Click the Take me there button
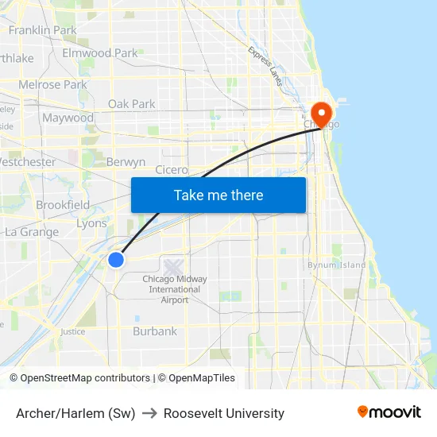218,195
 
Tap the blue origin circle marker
116,259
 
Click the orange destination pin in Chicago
322,112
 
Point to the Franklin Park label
42,30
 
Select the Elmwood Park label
100,53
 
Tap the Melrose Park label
52,84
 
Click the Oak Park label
132,103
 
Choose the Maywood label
68,118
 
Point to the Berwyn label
126,162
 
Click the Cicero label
172,169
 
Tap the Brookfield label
63,204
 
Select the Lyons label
91,223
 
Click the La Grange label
32,232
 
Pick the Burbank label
155,331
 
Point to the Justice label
72,331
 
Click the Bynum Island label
337,265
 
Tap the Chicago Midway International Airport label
175,289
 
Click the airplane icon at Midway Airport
173,266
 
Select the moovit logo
389,412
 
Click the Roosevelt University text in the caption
224,413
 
